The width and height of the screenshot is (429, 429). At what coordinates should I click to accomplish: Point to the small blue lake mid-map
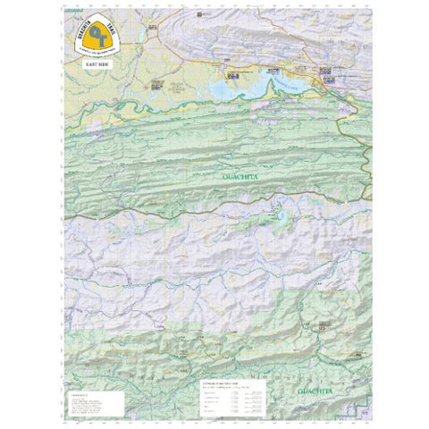[x=282, y=215]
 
